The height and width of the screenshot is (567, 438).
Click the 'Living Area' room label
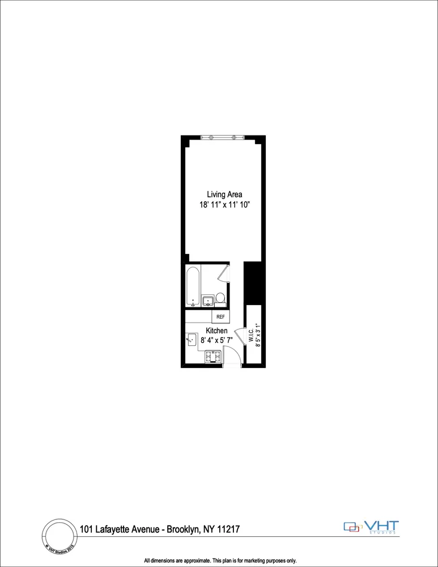point(224,194)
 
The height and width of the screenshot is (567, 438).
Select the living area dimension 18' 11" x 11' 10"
point(224,206)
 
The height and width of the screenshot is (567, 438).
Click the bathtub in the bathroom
point(193,286)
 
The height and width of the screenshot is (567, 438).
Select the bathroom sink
point(207,300)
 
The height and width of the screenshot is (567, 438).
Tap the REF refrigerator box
point(220,316)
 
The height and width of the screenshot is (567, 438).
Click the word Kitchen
point(216,331)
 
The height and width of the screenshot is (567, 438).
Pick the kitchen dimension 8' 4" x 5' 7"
point(216,340)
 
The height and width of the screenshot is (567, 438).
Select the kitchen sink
point(191,340)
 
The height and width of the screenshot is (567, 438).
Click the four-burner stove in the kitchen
point(212,357)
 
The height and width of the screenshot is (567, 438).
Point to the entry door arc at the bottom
point(231,357)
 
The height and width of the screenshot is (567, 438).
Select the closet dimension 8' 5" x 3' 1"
point(257,335)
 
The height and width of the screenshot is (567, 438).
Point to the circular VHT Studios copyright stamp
point(59,535)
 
